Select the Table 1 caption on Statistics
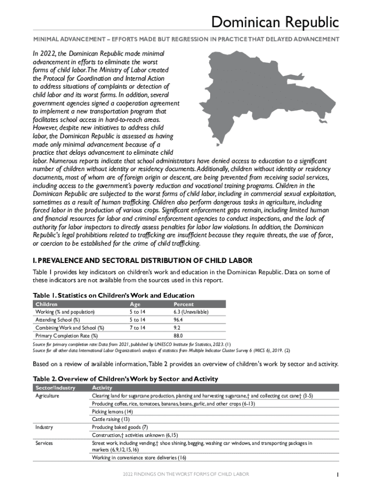pos(113,295)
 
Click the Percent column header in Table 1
pos(183,304)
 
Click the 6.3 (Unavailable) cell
pos(191,312)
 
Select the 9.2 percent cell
pos(177,328)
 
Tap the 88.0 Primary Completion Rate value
pos(179,335)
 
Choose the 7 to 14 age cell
pos(138,328)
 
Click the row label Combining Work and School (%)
pos(70,328)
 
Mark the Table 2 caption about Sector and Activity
pos(125,379)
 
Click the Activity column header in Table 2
pos(102,388)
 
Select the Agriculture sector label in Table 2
pos(47,395)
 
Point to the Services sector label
pos(44,443)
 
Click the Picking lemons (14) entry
pos(112,411)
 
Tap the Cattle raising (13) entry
pos(111,419)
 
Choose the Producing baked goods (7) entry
pos(120,427)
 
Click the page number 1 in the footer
pos(338,475)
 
